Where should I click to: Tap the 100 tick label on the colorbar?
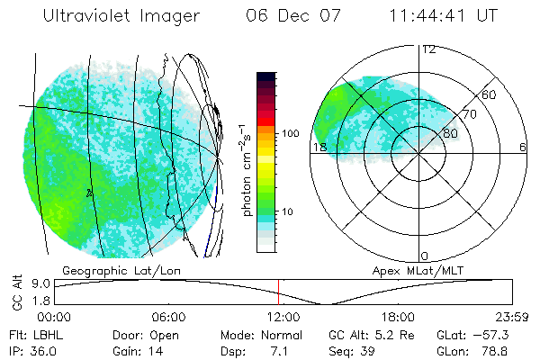(x=290, y=133)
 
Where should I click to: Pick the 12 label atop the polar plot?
(x=429, y=49)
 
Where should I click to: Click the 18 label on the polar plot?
(x=318, y=147)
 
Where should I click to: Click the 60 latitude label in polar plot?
(x=489, y=94)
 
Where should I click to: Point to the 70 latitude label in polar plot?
(x=469, y=114)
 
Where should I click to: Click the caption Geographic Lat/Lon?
(x=114, y=270)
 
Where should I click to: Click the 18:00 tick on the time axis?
(x=398, y=317)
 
